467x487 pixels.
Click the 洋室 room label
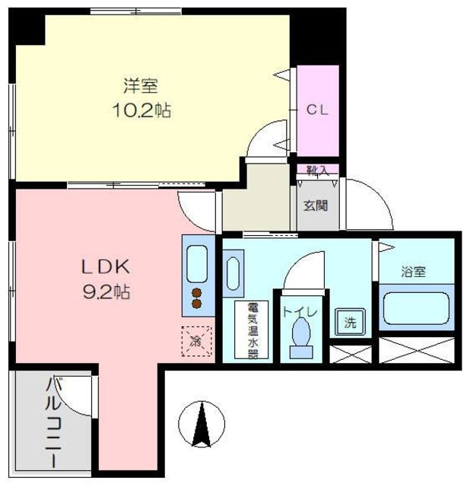(x=141, y=86)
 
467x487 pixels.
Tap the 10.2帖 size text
(x=141, y=110)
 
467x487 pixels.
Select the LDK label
(x=105, y=267)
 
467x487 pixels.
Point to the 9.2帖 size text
(x=106, y=291)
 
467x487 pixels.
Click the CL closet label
(x=317, y=110)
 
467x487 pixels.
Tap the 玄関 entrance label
(x=316, y=205)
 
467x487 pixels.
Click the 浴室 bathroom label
(x=413, y=272)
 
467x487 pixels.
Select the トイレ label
(x=300, y=312)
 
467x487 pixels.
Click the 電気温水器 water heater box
(x=252, y=329)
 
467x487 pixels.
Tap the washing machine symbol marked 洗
(x=350, y=322)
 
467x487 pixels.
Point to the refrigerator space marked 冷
(x=196, y=341)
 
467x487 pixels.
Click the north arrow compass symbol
(x=202, y=424)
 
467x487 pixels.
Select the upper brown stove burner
(x=196, y=293)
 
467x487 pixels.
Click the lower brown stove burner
(x=196, y=304)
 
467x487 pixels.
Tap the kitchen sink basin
(x=197, y=264)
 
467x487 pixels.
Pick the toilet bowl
(x=301, y=332)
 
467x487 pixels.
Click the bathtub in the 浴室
(x=416, y=308)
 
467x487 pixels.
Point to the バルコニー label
(x=54, y=422)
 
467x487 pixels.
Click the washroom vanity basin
(x=233, y=273)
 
